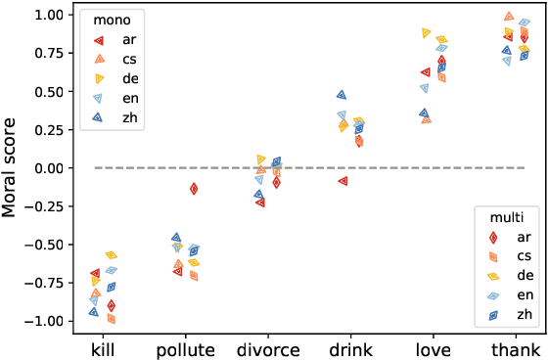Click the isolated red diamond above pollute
(x=195, y=189)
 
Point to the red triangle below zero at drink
(x=342, y=181)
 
